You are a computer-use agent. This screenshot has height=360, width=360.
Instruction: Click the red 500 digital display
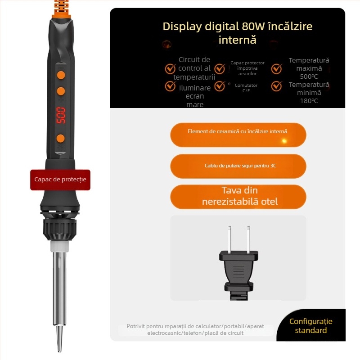tap(61, 115)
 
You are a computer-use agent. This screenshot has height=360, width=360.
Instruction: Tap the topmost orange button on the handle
tap(61, 75)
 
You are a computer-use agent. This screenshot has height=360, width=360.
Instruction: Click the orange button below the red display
tap(61, 139)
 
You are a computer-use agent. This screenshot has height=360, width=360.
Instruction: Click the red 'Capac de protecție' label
tap(60, 180)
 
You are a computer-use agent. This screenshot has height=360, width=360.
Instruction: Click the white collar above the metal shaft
tap(60, 246)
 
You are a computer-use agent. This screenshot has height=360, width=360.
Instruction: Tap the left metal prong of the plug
tap(229, 239)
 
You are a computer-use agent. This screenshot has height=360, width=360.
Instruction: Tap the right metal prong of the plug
tap(248, 239)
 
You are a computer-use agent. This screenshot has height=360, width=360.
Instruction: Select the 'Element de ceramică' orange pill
tap(238, 135)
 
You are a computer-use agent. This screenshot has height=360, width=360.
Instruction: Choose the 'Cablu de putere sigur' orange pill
tap(238, 166)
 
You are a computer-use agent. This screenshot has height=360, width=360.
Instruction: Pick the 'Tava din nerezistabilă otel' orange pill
tap(238, 197)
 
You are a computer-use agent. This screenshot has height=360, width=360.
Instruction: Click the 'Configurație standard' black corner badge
tap(311, 325)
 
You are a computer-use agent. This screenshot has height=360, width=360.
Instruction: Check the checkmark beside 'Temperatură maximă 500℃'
tap(276, 68)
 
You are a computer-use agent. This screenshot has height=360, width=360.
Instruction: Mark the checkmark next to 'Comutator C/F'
tap(220, 86)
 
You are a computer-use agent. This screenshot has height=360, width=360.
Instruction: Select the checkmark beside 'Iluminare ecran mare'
tap(171, 86)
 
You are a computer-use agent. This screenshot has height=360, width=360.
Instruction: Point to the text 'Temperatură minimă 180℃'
tap(309, 93)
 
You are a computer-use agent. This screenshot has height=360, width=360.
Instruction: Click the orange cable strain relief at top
tap(61, 9)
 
